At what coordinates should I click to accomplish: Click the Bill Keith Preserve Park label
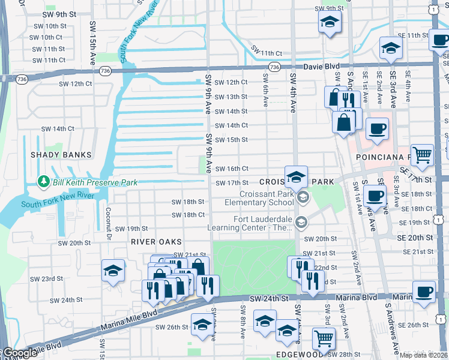(x=95, y=182)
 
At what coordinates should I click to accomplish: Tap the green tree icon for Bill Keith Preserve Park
(x=43, y=181)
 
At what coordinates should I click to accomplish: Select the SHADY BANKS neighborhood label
(x=62, y=155)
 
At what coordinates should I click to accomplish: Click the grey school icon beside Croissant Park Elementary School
(x=303, y=197)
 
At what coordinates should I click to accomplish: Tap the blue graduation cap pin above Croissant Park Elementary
(x=296, y=177)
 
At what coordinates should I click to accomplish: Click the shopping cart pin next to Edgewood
(x=324, y=338)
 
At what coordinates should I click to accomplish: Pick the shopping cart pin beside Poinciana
(x=423, y=155)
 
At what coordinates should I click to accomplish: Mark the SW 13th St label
(x=231, y=97)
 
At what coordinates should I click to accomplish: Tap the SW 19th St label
(x=131, y=229)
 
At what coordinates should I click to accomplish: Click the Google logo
(x=19, y=353)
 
